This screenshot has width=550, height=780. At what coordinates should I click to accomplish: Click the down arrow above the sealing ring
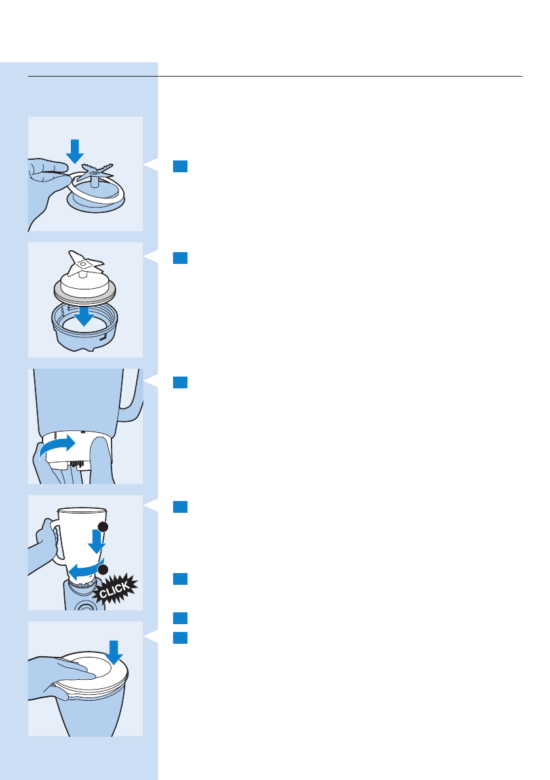click(75, 150)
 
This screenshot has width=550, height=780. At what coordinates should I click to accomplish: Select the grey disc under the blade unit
click(85, 292)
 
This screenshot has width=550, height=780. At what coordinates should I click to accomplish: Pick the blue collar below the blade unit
click(85, 334)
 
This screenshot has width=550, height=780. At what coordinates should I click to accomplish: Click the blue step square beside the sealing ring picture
click(180, 166)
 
